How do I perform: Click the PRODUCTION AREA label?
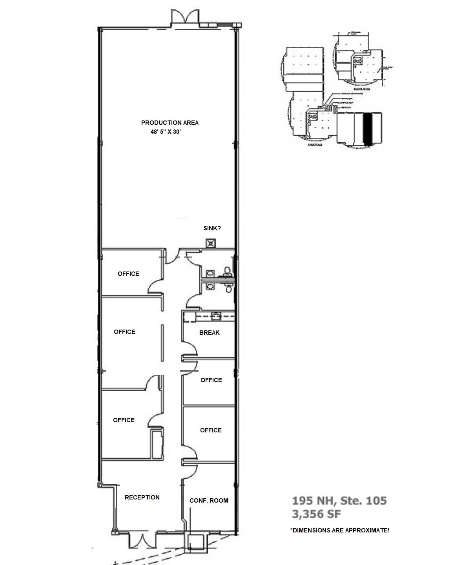pyautogui.click(x=170, y=123)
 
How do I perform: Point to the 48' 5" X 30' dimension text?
pyautogui.click(x=166, y=132)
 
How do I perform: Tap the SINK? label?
pyautogui.click(x=212, y=228)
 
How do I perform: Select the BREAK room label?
pyautogui.click(x=210, y=333)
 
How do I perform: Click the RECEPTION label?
pyautogui.click(x=142, y=498)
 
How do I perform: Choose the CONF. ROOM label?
pyautogui.click(x=209, y=501)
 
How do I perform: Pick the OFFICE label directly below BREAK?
pyautogui.click(x=211, y=380)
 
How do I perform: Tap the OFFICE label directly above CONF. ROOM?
pyautogui.click(x=211, y=430)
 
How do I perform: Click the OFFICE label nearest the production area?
pyautogui.click(x=128, y=274)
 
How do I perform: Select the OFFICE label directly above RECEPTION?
pyautogui.click(x=124, y=420)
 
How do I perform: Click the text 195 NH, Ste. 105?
pyautogui.click(x=339, y=501)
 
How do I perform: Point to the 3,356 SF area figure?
pyautogui.click(x=317, y=514)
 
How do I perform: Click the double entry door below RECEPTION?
pyautogui.click(x=138, y=540)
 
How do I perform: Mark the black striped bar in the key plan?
pyautogui.click(x=368, y=129)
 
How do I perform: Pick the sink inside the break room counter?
pyautogui.click(x=215, y=315)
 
